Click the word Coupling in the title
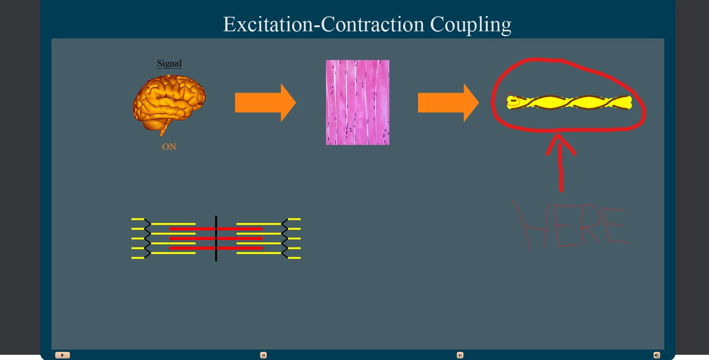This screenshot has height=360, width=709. click(471, 25)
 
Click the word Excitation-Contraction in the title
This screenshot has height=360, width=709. click(324, 24)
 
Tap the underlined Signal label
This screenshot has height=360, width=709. click(169, 63)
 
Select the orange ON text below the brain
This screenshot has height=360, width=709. click(169, 147)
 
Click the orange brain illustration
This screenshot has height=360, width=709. click(169, 104)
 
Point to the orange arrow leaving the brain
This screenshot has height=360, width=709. click(265, 103)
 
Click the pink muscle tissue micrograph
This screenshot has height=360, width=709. click(358, 102)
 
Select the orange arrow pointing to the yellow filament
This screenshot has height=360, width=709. click(448, 103)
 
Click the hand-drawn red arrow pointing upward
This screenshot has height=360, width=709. click(561, 162)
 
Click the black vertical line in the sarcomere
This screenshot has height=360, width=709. click(216, 239)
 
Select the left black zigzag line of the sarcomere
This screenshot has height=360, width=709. click(148, 239)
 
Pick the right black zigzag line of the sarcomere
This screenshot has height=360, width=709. click(285, 239)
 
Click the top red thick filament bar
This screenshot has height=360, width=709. click(216, 229)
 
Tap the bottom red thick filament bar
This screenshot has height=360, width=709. click(216, 248)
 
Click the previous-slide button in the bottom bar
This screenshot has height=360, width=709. click(263, 355)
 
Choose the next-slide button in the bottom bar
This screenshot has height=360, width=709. click(460, 355)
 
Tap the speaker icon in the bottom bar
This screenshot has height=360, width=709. click(657, 355)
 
